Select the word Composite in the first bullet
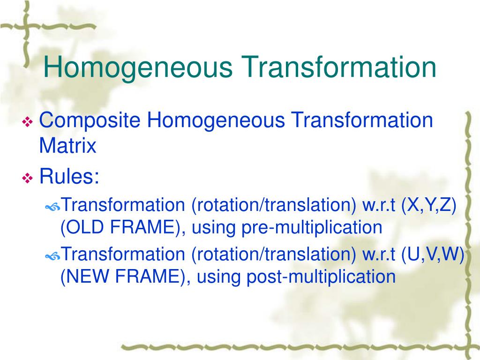90,120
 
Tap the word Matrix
67,145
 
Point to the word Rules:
69,176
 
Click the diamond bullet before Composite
28,122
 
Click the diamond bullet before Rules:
28,178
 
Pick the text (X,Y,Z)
428,205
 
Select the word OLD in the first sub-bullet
85,227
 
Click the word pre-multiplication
312,228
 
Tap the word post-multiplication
321,277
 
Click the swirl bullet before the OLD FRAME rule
52,208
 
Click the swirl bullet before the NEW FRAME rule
52,256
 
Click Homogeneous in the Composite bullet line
216,120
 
